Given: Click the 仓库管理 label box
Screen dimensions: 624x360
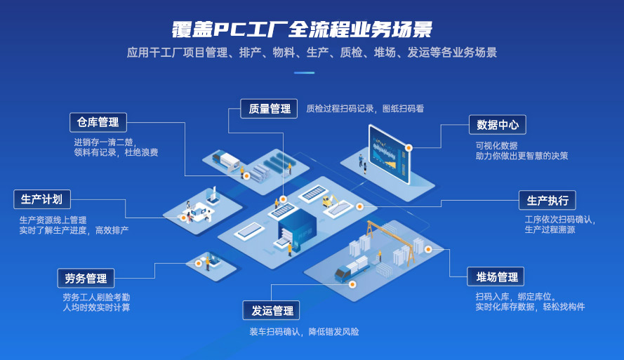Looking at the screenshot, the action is (98, 123).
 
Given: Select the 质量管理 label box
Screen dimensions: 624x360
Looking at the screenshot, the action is (269, 109).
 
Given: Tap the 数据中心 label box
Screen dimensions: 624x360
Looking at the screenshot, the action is (498, 125).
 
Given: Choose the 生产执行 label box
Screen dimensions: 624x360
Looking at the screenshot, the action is (547, 201).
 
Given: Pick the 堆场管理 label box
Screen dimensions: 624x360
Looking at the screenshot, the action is (496, 276).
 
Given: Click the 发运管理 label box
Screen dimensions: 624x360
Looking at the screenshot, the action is (271, 310).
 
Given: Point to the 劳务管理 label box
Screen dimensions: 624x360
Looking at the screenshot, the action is (86, 278).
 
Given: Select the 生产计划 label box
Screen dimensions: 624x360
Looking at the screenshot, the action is (42, 199).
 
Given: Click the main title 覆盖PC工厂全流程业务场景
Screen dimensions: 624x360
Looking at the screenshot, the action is (302, 29).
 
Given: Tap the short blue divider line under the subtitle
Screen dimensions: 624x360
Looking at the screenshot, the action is (305, 73).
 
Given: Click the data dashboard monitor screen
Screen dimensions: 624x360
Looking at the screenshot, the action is (389, 154).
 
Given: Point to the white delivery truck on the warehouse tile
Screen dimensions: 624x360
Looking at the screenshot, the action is (225, 161).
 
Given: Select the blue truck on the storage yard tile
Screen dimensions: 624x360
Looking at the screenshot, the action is (352, 269).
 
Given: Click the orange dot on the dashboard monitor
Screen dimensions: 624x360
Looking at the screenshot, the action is (409, 147).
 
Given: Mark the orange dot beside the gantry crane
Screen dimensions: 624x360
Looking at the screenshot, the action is (428, 249).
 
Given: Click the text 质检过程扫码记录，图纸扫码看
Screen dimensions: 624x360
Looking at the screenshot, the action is (365, 109).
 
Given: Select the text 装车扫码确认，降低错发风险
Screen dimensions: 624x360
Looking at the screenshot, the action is (304, 331).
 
